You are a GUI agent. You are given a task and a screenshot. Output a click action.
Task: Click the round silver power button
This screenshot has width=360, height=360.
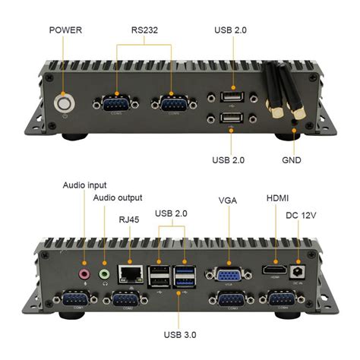click(64, 101)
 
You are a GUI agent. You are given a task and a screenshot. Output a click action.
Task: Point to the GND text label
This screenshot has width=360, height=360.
click(292, 161)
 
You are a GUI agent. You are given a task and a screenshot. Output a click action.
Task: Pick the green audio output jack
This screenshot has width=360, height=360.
click(105, 272)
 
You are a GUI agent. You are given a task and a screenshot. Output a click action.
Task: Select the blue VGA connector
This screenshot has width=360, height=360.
click(226, 273)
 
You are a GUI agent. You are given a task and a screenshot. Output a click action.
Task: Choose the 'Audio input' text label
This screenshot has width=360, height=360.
click(84, 185)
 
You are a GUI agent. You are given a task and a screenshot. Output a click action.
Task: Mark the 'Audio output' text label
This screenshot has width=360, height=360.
click(118, 198)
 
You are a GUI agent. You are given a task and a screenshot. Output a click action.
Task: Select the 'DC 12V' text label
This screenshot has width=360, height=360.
click(302, 215)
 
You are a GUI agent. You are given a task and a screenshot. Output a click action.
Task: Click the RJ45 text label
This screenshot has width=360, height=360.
click(129, 219)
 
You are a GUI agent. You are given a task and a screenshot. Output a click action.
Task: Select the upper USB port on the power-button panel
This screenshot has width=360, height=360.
click(231, 96)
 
